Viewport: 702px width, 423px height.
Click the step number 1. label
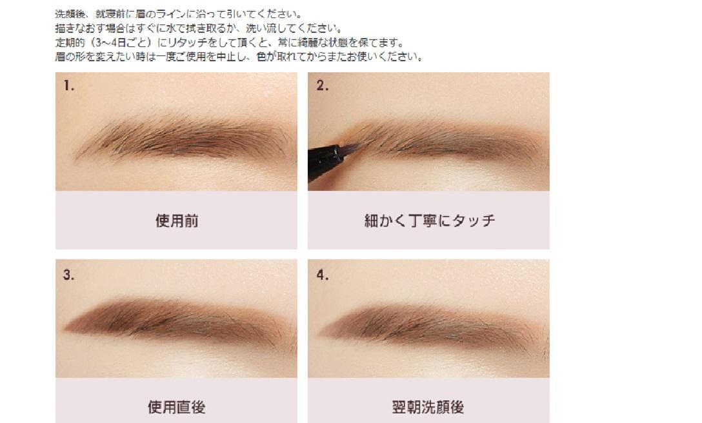[x=68, y=86]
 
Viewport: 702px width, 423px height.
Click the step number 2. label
[x=323, y=86]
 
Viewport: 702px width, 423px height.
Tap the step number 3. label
[x=68, y=275]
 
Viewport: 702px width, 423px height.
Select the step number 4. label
[x=323, y=275]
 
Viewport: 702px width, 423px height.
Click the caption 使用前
[x=177, y=221]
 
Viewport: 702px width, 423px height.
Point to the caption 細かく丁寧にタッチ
[x=430, y=221]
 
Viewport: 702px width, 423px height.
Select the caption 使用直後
[x=177, y=407]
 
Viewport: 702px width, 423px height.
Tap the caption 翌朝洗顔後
[x=428, y=407]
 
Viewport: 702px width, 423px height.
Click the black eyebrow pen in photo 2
[x=329, y=162]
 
